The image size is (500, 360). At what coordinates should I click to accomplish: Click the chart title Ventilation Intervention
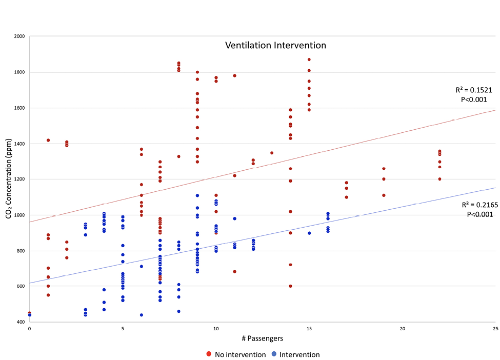[275, 45]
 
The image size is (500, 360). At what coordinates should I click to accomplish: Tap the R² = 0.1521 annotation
[474, 90]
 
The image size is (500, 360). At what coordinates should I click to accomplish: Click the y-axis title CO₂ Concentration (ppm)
[9, 179]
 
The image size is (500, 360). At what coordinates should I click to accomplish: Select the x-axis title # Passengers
[262, 339]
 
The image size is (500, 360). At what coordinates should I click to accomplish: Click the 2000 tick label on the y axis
[19, 36]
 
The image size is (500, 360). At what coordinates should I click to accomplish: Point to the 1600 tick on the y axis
[19, 108]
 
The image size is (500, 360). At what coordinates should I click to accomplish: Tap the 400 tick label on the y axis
[21, 322]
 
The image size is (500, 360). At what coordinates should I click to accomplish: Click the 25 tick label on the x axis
[495, 328]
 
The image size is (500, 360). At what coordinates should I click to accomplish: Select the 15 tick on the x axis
[309, 328]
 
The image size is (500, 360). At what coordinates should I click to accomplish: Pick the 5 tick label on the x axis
[123, 328]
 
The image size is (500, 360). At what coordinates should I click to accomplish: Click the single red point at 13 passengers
[272, 153]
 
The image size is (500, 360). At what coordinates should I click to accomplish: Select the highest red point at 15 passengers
[309, 59]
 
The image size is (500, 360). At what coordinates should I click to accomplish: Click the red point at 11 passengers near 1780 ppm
[234, 75]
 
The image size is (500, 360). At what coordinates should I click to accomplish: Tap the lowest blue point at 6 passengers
[141, 315]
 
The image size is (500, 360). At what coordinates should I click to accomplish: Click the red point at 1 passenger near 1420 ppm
[48, 140]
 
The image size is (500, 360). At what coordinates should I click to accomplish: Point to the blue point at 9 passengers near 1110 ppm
[197, 195]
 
